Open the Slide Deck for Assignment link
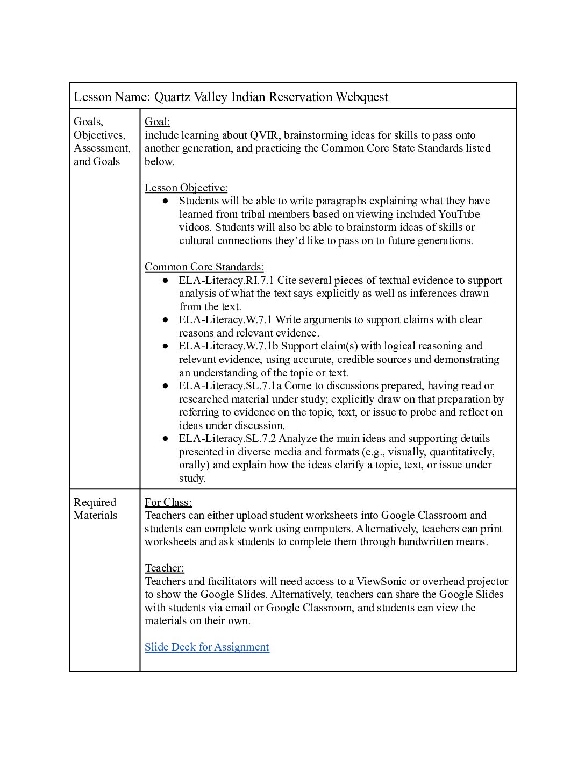pos(206,647)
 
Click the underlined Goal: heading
pos(157,122)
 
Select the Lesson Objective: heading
pos(186,188)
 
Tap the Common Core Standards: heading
pos(204,267)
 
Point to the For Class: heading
pos(168,502)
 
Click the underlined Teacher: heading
pos(164,568)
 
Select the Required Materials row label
pos(95,509)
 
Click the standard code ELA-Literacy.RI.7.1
pos(226,280)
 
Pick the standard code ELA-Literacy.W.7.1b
pos(229,346)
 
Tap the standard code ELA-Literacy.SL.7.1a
pos(230,385)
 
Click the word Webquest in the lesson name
pos(361,97)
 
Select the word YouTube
pos(459,214)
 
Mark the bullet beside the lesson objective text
pos(165,201)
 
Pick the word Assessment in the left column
pos(102,148)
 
